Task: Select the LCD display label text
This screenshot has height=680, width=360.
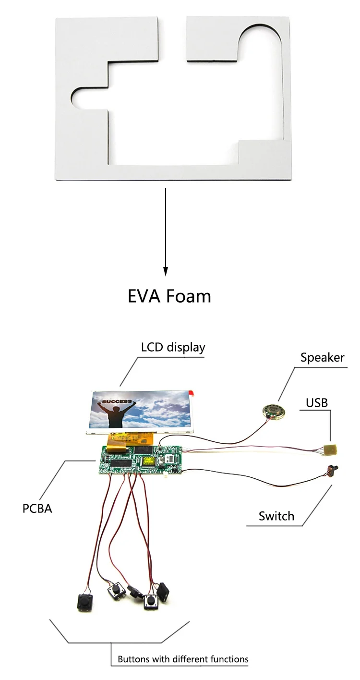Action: coord(173,347)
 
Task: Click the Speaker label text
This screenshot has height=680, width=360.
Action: coord(322,357)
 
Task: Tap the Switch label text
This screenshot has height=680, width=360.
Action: coord(276,516)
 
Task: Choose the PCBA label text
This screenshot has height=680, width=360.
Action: coord(37,508)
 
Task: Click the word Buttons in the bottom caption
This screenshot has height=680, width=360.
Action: coord(134,659)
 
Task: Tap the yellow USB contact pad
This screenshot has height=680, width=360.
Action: coord(330,450)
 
